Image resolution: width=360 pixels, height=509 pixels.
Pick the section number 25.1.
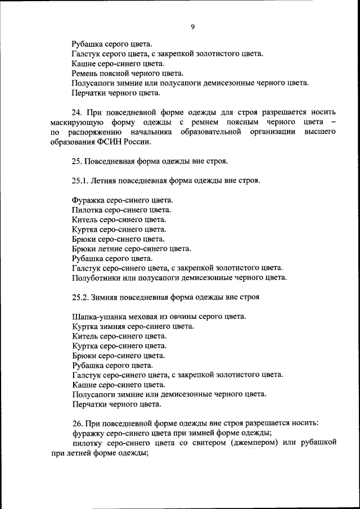point(82,181)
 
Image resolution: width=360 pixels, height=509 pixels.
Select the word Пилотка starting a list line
point(89,209)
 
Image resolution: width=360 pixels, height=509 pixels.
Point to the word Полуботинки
point(98,277)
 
